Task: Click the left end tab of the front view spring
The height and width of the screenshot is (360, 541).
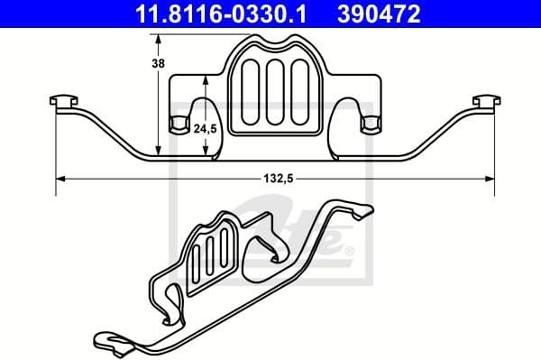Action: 64,101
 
